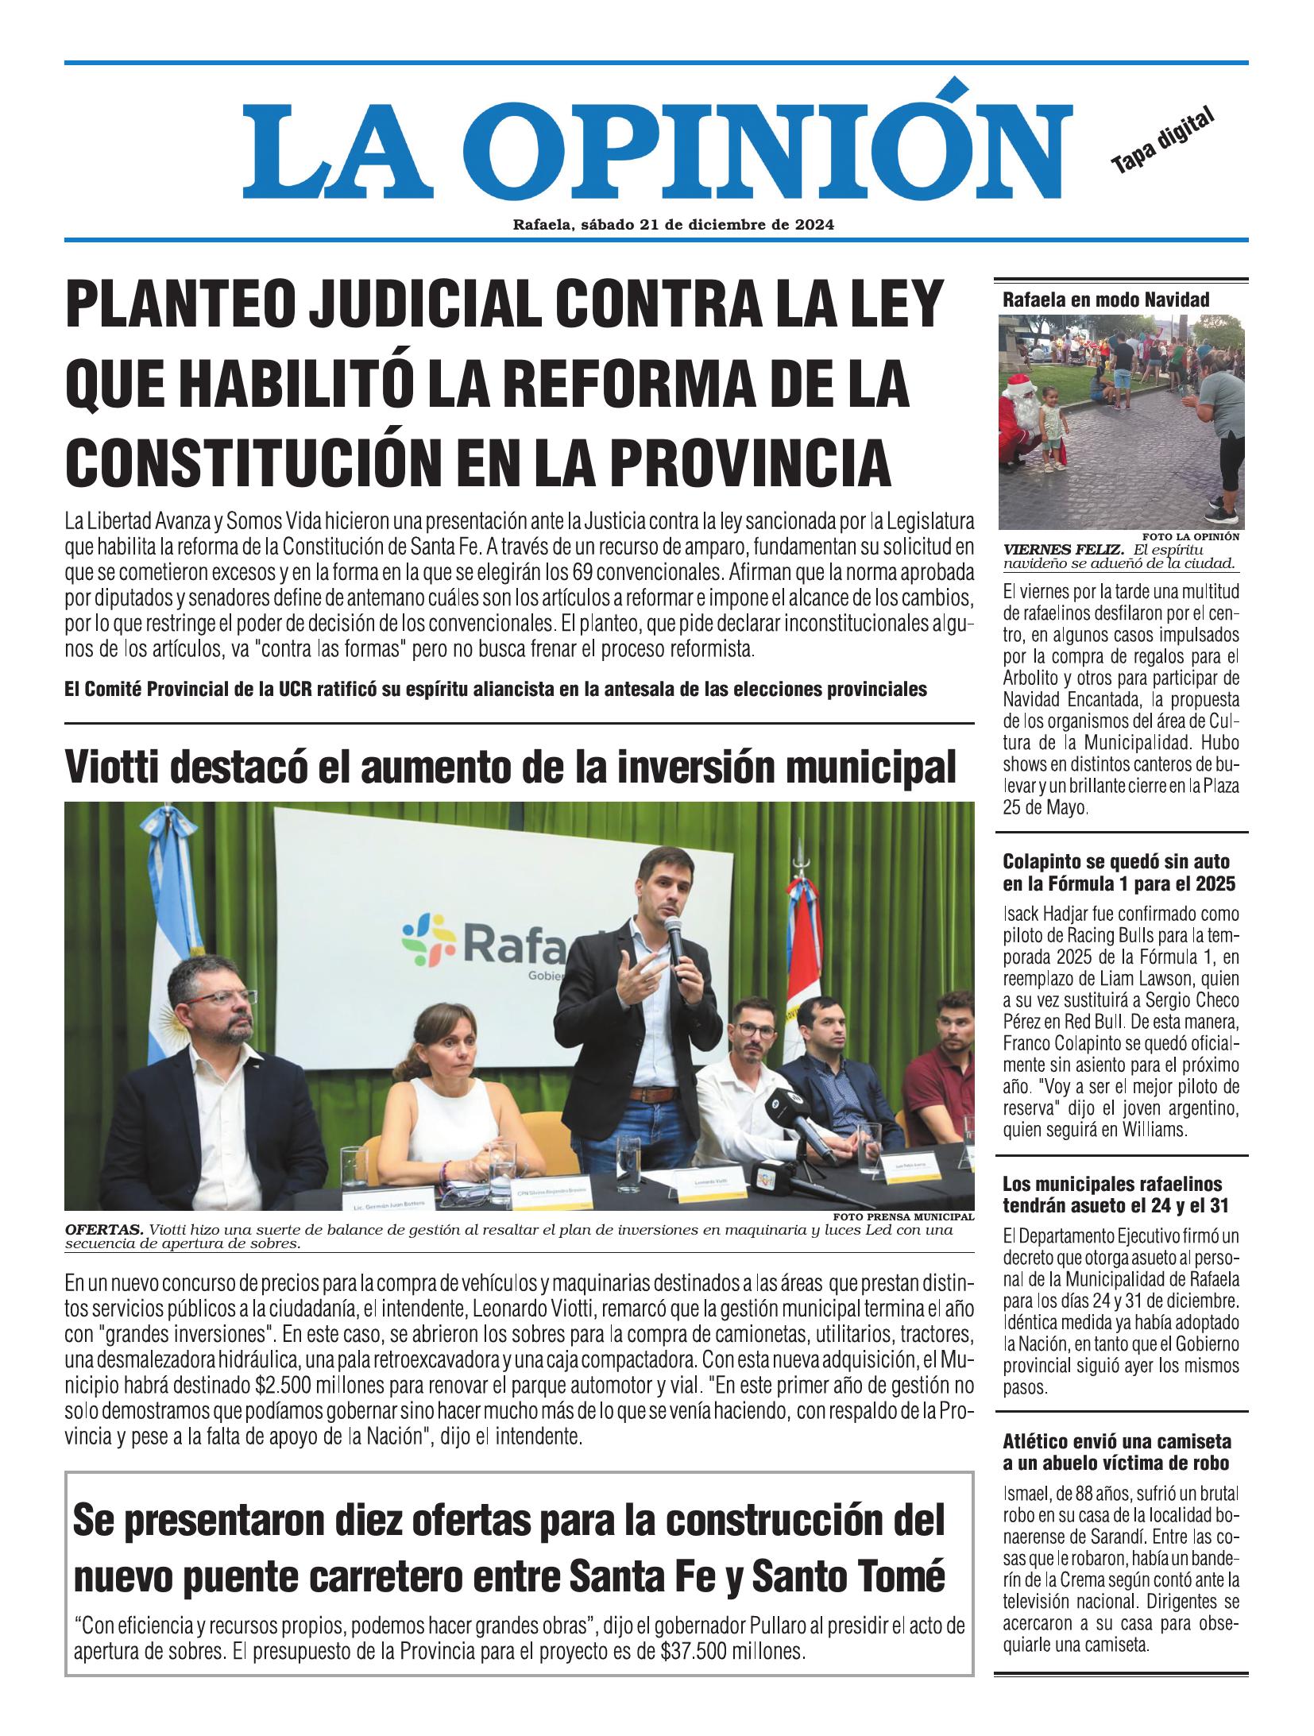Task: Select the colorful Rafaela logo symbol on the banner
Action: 426,941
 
